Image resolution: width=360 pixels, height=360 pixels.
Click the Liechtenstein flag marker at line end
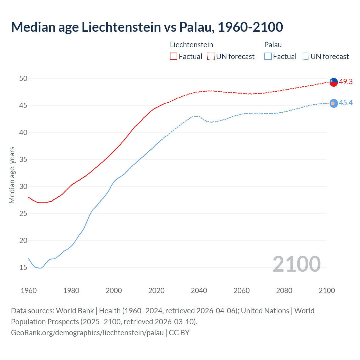(334, 82)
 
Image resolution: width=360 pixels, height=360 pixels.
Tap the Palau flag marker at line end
(334, 103)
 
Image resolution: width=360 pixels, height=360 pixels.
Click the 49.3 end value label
(346, 82)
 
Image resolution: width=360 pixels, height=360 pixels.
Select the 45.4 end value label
(346, 103)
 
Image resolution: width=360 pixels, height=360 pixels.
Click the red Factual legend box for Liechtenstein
(174, 57)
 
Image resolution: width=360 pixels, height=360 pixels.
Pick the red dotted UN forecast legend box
(211, 57)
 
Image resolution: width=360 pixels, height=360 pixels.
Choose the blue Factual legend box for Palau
(268, 57)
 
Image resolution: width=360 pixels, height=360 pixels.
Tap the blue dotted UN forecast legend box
(305, 57)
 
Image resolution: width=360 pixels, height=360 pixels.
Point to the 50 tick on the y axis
(23, 79)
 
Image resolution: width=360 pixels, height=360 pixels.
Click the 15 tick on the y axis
(23, 267)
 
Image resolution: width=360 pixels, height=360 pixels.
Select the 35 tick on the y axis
(23, 160)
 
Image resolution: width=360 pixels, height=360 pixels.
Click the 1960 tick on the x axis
(29, 291)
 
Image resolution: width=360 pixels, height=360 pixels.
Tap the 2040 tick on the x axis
(199, 291)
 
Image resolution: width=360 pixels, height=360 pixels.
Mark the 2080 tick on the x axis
(284, 291)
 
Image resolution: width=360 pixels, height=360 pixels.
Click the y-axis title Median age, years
(12, 175)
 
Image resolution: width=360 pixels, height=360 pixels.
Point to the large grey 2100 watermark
(296, 264)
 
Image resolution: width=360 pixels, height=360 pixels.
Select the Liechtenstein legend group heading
(192, 45)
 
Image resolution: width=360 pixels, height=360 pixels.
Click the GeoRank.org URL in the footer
(87, 333)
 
